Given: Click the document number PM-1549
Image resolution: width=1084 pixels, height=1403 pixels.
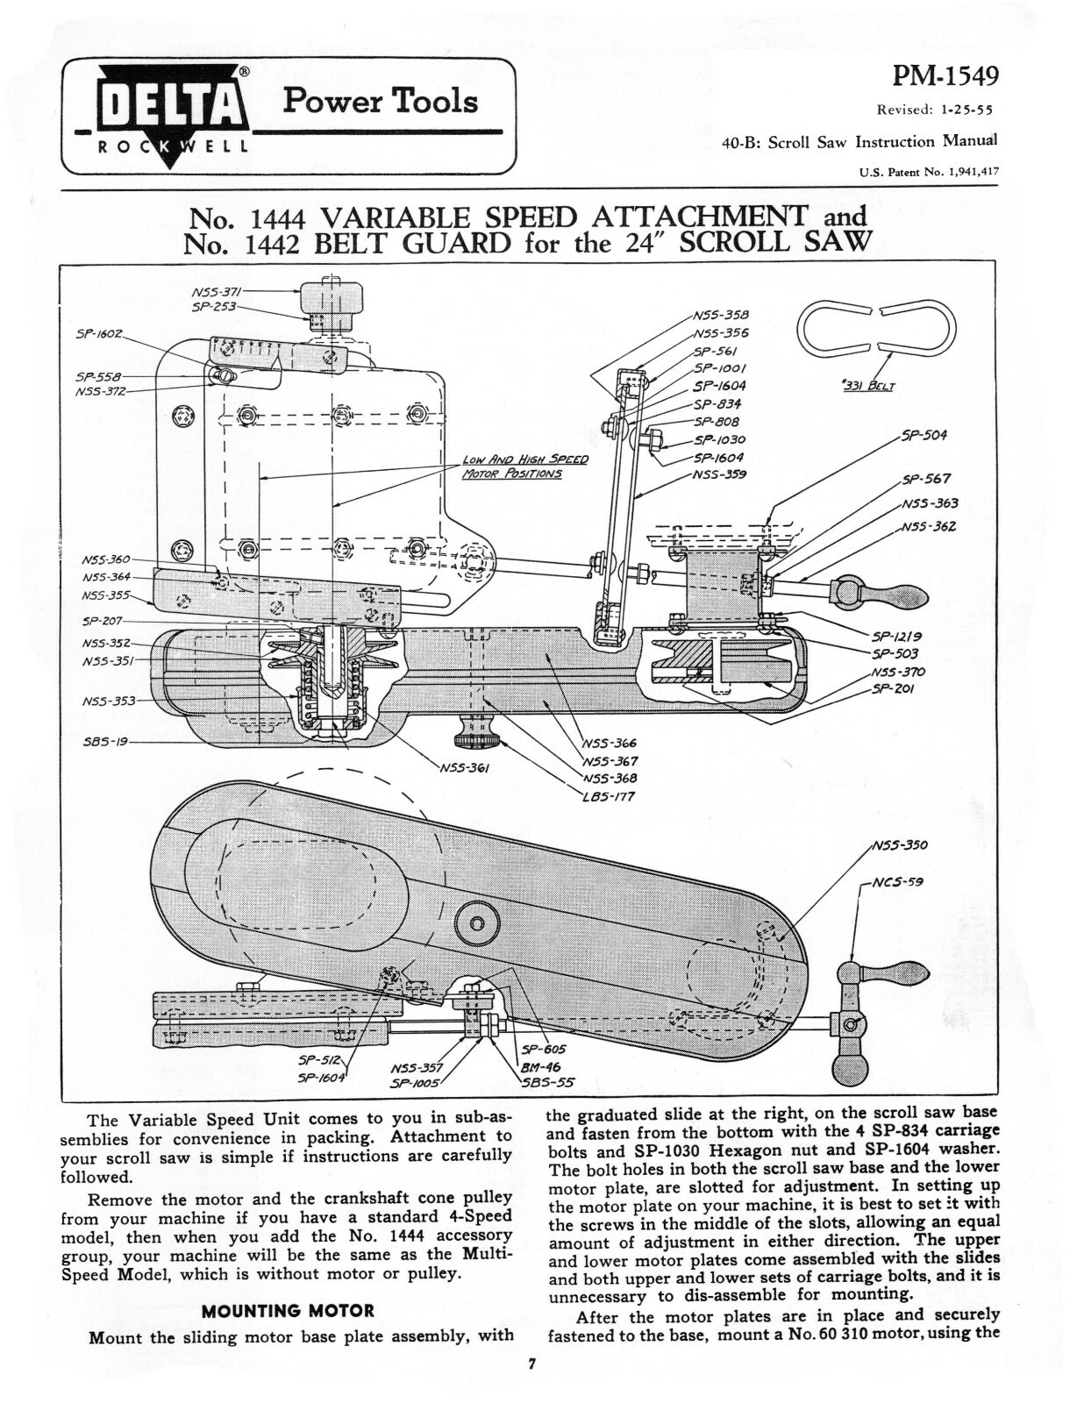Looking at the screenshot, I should tap(945, 78).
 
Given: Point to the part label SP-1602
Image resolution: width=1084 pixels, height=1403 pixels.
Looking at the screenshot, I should tap(99, 334).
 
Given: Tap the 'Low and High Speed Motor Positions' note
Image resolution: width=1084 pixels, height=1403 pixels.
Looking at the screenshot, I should tap(524, 466).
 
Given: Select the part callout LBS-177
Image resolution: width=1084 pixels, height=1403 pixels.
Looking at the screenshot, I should tap(608, 797).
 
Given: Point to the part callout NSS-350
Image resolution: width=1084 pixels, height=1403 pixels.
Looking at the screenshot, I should tap(899, 846).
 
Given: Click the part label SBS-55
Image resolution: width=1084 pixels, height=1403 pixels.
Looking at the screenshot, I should tap(548, 1083).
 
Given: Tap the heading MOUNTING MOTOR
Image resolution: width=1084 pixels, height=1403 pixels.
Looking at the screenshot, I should tap(288, 1311).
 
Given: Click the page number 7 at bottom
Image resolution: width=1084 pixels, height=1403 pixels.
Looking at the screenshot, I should tap(531, 1364).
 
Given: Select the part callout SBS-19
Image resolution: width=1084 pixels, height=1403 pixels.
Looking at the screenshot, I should tap(105, 741).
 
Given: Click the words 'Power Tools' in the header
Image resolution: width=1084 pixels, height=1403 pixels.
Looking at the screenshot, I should tap(380, 101).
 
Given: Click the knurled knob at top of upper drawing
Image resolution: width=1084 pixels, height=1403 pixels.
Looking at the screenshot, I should tap(330, 301).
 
